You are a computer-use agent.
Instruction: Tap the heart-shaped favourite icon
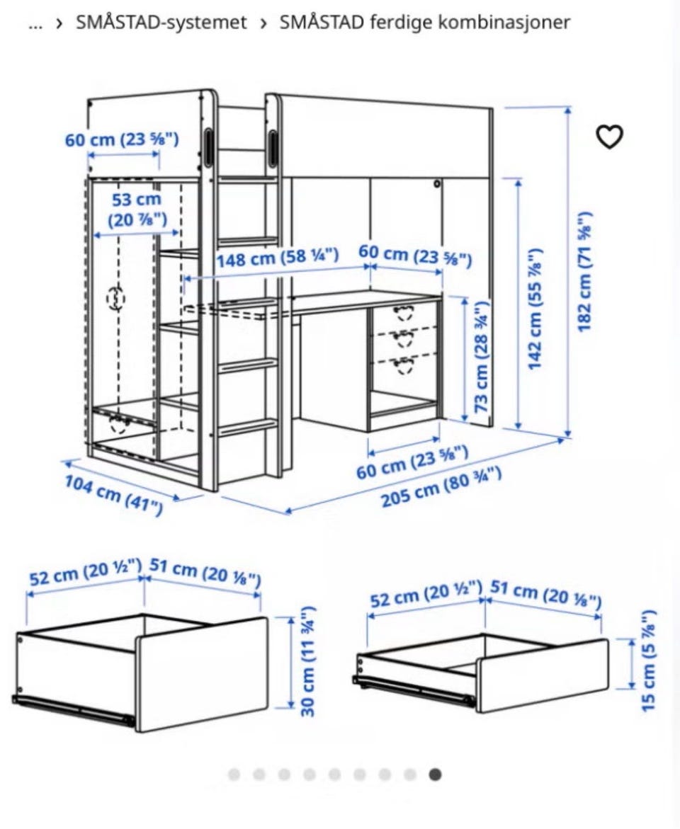[610, 137]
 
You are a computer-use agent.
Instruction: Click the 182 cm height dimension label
[585, 273]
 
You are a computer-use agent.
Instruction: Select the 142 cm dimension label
[535, 308]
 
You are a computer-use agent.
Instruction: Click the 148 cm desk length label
[277, 258]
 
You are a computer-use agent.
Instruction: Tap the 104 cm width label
[114, 495]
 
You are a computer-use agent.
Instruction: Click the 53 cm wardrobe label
[137, 210]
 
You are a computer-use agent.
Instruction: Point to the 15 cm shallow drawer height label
[648, 661]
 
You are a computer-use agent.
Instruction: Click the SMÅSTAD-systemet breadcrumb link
[161, 22]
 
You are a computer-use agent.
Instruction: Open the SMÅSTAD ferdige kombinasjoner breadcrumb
[425, 22]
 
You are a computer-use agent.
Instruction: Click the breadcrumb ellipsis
[35, 24]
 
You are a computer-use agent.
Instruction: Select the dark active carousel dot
[435, 774]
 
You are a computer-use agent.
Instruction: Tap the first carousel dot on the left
[234, 774]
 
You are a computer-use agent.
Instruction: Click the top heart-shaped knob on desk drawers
[404, 312]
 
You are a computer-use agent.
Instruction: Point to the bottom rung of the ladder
[248, 427]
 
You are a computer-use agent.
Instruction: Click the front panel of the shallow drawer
[543, 675]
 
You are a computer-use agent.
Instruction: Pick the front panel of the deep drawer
[203, 673]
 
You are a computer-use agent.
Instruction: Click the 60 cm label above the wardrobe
[122, 139]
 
